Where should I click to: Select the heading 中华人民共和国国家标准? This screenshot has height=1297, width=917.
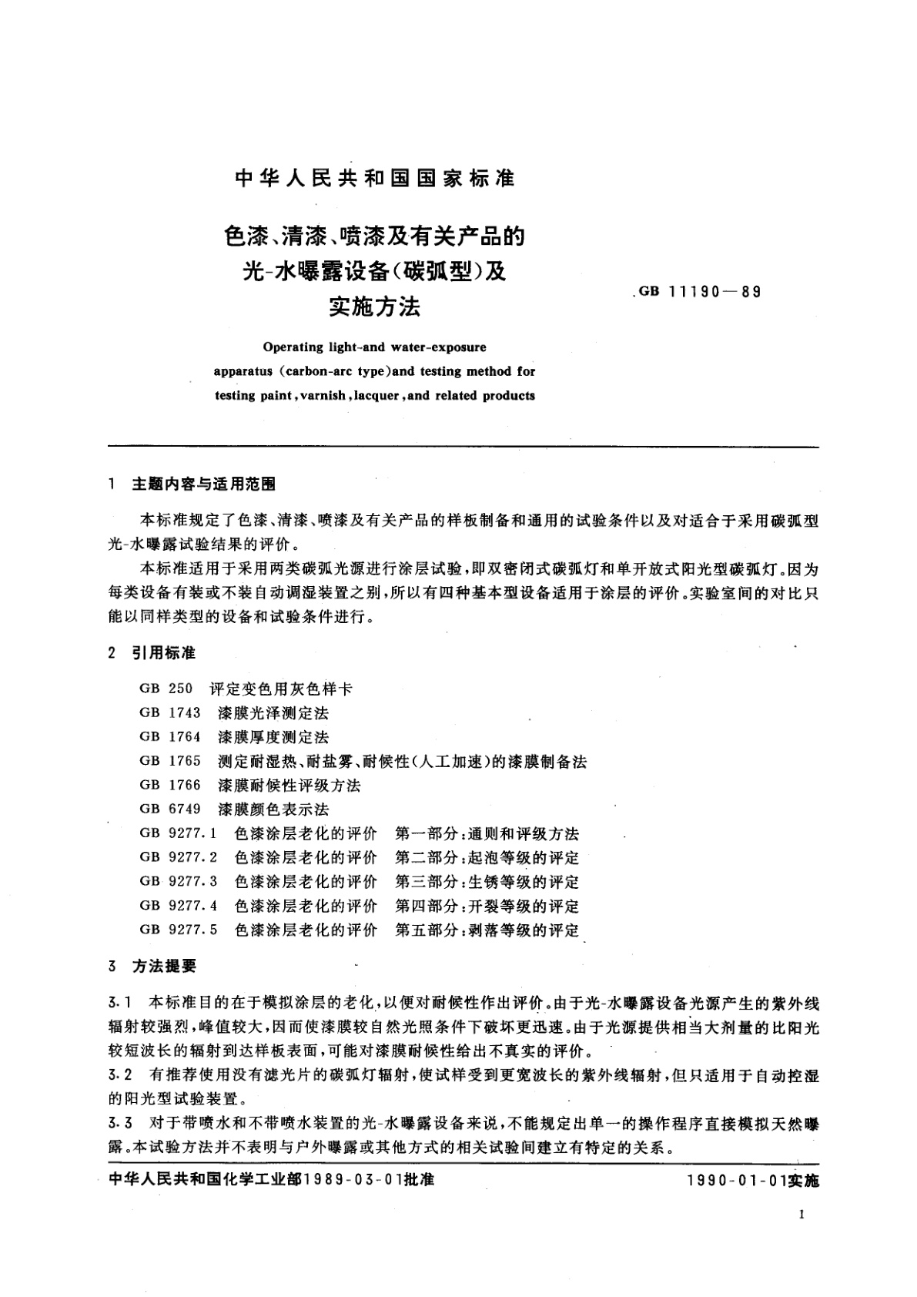click(x=375, y=179)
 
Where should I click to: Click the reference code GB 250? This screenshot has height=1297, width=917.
click(x=166, y=689)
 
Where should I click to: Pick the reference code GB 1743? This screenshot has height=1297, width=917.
click(x=170, y=713)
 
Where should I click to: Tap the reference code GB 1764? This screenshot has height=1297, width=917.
click(x=170, y=737)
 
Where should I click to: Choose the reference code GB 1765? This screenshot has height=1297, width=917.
click(x=170, y=761)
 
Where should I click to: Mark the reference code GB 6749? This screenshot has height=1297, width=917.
click(x=170, y=809)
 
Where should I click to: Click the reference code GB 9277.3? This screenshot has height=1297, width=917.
click(x=179, y=881)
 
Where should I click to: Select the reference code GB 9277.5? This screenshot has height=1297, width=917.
click(x=179, y=930)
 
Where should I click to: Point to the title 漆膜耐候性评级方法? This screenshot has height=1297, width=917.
click(x=289, y=786)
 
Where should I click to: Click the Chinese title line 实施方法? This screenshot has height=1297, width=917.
click(x=375, y=308)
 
